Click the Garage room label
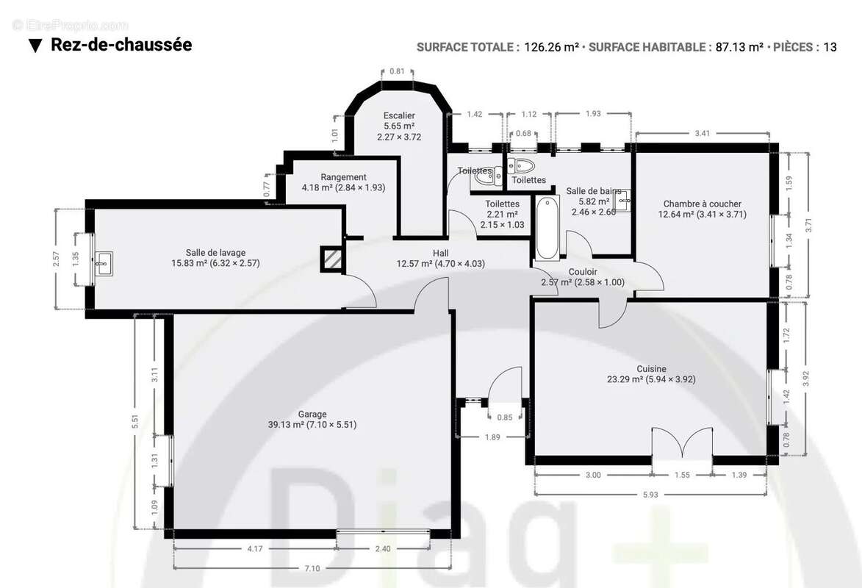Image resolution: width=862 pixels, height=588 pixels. pos(312,414)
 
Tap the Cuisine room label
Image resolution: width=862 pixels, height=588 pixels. pos(651,369)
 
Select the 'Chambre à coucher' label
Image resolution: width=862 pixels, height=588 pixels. pos(702,204)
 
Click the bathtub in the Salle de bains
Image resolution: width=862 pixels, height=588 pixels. pos(546,229)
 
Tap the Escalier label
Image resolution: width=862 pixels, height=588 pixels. pos(399,115)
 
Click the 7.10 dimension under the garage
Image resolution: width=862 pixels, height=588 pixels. pos(312,567)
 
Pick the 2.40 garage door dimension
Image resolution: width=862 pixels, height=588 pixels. pos(382,548)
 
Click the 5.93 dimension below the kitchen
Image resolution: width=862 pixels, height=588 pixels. pos(650,495)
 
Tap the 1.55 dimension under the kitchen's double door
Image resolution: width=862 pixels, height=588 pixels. pos(682,476)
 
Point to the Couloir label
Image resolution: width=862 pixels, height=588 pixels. pos(583,272)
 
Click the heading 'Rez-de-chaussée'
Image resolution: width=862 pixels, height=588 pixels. pos(121,45)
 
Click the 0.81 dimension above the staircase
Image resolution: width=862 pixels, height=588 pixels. pos(397,71)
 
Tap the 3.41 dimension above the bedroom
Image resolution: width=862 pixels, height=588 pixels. pos(702,133)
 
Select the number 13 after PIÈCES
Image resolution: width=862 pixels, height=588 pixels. pos(830,47)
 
